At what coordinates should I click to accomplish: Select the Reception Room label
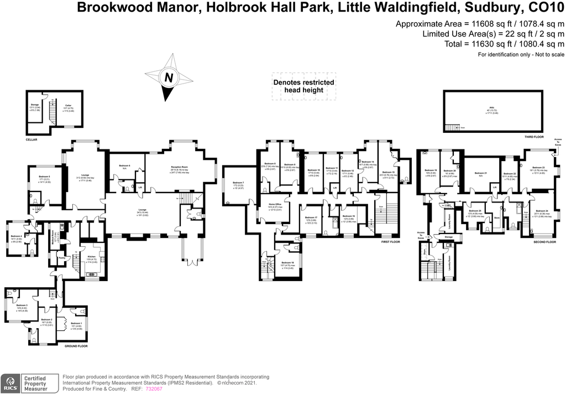click(179, 168)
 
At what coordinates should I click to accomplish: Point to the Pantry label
click(62, 258)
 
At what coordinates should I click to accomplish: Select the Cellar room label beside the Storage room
click(68, 106)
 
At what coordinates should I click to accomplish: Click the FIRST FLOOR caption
click(391, 242)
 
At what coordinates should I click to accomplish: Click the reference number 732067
click(154, 389)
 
